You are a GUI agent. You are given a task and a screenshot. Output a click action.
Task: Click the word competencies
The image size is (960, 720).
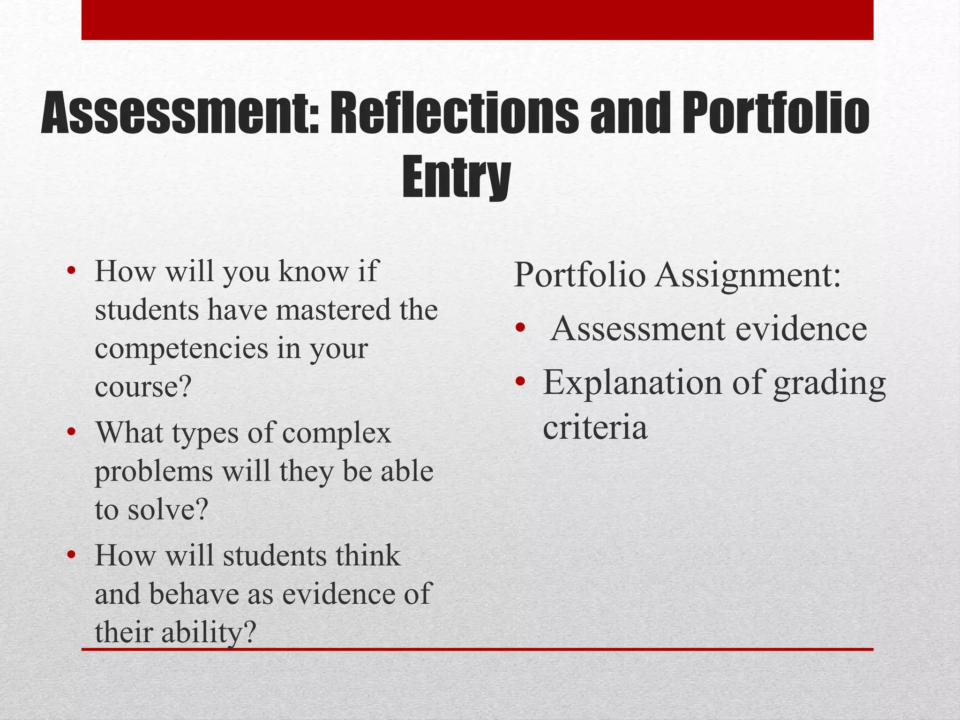coord(181,349)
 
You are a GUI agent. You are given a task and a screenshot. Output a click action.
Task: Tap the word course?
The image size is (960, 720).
coord(143,387)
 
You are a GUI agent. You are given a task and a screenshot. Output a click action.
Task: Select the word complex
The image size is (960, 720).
coord(337,432)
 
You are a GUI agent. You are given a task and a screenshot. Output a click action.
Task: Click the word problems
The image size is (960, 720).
coord(154,472)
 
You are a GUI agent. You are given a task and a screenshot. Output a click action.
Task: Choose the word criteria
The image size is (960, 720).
coord(595,427)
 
